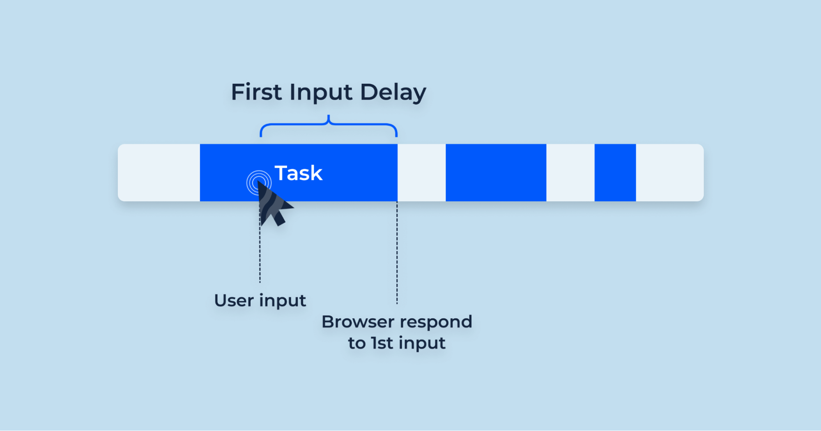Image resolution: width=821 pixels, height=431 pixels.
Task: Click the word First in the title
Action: [x=256, y=92]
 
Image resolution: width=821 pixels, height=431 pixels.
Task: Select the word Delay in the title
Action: [x=393, y=93]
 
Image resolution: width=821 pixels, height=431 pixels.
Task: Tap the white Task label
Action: [x=299, y=173]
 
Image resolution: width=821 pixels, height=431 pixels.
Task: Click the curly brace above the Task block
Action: [x=329, y=125]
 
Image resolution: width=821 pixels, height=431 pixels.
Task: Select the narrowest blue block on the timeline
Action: [x=615, y=173]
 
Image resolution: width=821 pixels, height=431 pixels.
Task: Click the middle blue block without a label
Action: [x=496, y=173]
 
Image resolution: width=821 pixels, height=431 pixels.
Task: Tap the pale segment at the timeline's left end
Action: [x=159, y=173]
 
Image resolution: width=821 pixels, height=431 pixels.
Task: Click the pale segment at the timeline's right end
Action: [x=669, y=173]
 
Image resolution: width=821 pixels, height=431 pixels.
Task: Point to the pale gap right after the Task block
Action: [x=421, y=173]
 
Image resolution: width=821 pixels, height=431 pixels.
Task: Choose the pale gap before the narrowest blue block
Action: [x=570, y=173]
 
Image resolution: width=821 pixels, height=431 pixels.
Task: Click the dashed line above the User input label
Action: [x=260, y=254]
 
